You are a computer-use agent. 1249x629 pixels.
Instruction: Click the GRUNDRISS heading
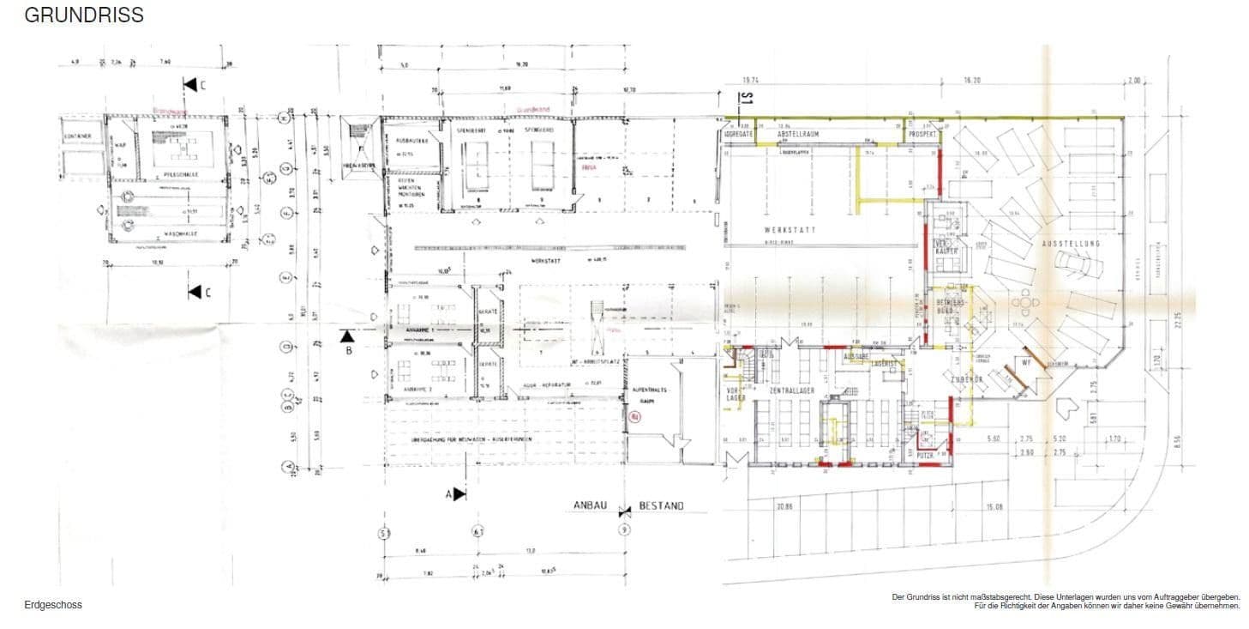tap(84, 15)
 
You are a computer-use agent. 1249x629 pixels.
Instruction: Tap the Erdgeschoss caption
tap(53, 605)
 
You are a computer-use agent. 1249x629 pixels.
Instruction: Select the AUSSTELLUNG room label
tap(1071, 244)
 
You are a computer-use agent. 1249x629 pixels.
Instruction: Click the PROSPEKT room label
tap(923, 135)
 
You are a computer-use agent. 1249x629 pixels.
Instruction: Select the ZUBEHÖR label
tap(963, 378)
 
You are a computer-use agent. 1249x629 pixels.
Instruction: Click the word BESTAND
tap(661, 506)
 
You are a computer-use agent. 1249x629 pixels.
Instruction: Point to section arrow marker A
tap(458, 494)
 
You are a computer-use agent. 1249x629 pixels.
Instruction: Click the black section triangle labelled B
tap(346, 336)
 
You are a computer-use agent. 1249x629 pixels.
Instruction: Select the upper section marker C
tap(190, 84)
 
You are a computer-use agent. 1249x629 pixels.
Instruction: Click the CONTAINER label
tap(77, 136)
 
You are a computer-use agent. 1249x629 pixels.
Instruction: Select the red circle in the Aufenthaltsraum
tap(635, 418)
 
